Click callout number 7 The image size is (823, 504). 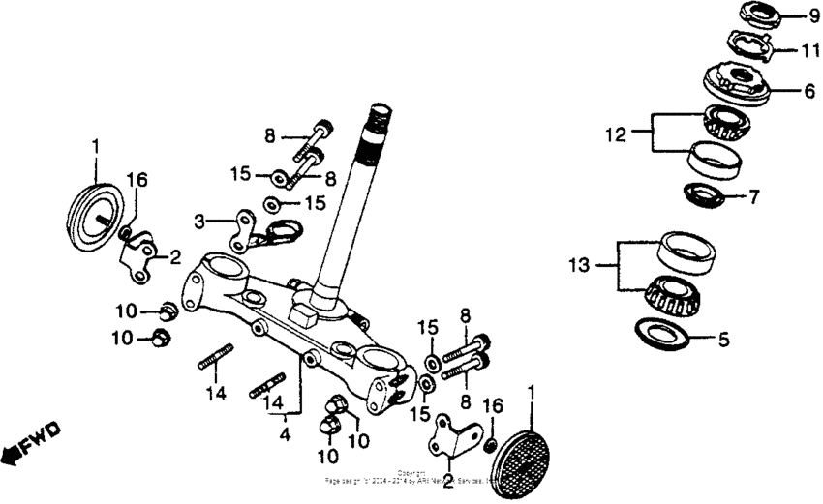pos(754,197)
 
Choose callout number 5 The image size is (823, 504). pos(752,341)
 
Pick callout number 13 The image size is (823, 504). pos(580,263)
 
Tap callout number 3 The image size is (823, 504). pos(198,222)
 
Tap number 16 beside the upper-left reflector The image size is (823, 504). pos(137,180)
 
